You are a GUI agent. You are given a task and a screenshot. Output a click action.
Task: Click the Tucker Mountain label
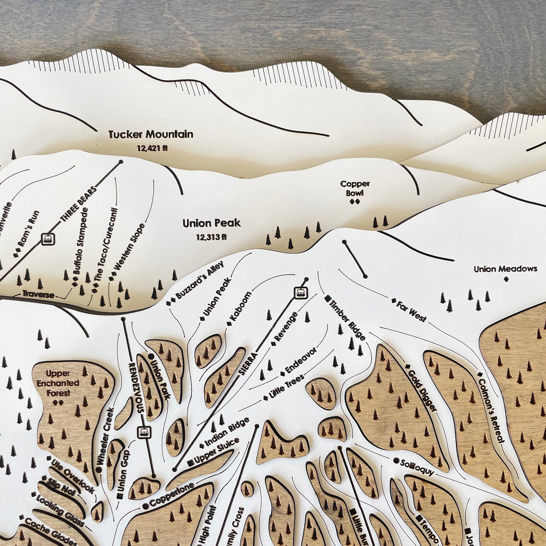pyautogui.click(x=151, y=134)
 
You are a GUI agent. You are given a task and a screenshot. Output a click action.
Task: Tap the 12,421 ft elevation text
pyautogui.click(x=152, y=149)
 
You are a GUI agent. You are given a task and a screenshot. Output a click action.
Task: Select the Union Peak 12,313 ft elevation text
pyautogui.click(x=211, y=237)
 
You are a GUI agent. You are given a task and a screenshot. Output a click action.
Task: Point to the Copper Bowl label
pyautogui.click(x=355, y=188)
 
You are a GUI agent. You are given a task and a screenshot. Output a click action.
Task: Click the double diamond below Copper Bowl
pyautogui.click(x=355, y=202)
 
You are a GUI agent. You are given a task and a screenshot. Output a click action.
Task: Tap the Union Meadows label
pyautogui.click(x=505, y=269)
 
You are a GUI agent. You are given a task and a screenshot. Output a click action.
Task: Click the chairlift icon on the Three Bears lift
pyautogui.click(x=48, y=239)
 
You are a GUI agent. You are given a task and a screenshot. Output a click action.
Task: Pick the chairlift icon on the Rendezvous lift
pyautogui.click(x=144, y=432)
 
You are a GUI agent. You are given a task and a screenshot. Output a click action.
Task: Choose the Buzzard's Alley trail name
pyautogui.click(x=200, y=280)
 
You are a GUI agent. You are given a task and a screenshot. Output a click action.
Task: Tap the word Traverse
pyautogui.click(x=38, y=295)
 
